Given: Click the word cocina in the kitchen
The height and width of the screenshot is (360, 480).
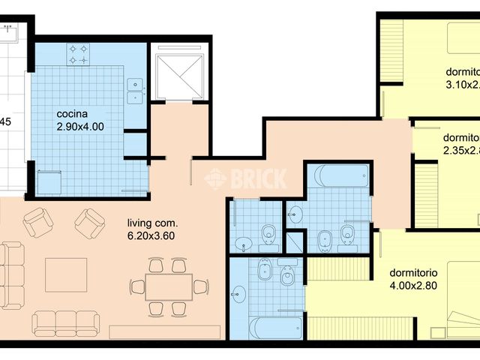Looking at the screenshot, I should [72, 114].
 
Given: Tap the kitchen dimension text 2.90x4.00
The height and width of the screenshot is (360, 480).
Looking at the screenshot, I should [80, 127].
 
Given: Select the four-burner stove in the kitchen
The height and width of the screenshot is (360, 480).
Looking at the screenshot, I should [79, 53].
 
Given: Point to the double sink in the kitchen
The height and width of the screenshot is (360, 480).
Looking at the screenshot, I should [136, 91].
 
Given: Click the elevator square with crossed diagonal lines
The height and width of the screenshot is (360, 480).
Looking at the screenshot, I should [178, 72].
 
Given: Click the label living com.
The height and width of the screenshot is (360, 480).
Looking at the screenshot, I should [151, 221].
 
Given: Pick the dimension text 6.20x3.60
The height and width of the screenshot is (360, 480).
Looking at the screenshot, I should [151, 234].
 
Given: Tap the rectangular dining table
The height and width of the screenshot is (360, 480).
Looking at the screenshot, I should [168, 286].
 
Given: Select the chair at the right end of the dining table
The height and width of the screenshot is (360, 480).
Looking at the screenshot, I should [200, 286].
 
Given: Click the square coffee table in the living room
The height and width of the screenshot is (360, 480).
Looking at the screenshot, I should [66, 274].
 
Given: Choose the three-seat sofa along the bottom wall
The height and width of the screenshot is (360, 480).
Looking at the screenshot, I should [66, 323].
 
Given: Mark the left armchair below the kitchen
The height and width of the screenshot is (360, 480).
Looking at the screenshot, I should [39, 221].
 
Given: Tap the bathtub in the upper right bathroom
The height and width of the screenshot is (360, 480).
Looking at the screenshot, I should [340, 177].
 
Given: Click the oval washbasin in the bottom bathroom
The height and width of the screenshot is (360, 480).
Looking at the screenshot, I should [239, 293].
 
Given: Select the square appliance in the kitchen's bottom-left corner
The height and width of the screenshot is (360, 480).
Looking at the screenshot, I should [49, 181].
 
